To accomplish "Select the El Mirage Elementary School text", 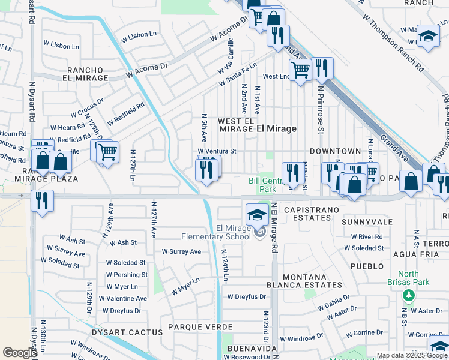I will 216,232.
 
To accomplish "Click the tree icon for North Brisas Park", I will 408,295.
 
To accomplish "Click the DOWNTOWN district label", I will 335,151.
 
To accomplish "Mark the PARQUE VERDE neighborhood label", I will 200,327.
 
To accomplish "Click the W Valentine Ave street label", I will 123,298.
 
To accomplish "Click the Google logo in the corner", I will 20,353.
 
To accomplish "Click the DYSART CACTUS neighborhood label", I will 127,332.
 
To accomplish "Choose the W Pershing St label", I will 127,275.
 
